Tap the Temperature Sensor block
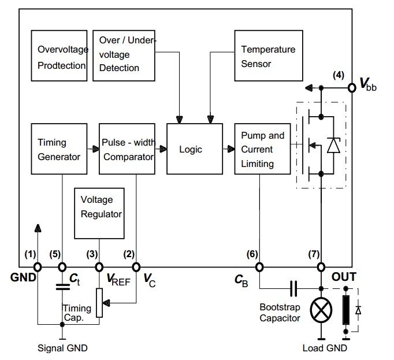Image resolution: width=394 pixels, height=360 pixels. [269, 56]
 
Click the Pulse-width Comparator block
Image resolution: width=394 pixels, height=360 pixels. [128, 149]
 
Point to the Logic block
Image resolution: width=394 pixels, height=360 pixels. [191, 149]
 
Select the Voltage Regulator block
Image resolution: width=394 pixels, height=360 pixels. [101, 214]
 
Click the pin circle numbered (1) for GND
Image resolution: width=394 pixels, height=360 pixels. [37, 267]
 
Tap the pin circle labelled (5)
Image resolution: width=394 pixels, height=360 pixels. [62, 267]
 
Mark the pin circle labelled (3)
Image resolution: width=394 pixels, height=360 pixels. [99, 267]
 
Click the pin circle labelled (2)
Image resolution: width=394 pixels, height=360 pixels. [136, 267]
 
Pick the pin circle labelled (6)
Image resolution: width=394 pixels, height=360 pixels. [259, 267]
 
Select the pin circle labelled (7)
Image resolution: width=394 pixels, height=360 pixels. [322, 267]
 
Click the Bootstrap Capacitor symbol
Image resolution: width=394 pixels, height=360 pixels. [293, 287]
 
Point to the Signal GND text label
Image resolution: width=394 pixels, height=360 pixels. [62, 348]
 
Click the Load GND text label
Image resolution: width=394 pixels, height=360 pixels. [325, 348]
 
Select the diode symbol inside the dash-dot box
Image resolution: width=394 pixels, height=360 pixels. [333, 146]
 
